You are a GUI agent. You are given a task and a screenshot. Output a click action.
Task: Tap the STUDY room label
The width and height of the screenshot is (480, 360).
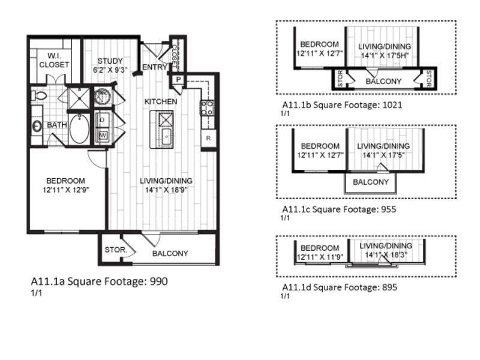pos(110,61)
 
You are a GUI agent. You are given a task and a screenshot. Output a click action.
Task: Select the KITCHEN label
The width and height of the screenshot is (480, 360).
pos(160,101)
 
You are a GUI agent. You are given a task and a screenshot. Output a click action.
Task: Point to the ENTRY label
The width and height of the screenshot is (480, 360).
pos(155,67)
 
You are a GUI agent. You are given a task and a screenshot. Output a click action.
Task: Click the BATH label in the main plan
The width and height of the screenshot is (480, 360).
pos(57,125)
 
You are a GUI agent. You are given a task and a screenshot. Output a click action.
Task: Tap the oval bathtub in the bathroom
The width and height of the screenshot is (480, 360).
pos(79,128)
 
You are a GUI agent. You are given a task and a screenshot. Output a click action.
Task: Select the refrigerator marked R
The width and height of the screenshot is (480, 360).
pos(208,139)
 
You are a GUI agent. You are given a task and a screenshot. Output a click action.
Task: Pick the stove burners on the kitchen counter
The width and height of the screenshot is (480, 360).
pos(208,108)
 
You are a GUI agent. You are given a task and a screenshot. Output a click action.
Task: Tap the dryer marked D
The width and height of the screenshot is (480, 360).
pos(103,120)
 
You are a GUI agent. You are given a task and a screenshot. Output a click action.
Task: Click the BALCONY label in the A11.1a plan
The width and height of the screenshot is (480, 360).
pos(170,253)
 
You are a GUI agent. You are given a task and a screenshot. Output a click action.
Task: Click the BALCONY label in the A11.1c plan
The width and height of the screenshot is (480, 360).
pos(371,182)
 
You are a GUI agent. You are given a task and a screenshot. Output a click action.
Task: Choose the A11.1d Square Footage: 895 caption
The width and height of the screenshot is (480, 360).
pos(340,287)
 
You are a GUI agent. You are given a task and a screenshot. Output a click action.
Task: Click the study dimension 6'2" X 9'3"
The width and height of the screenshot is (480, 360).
pos(110,70)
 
